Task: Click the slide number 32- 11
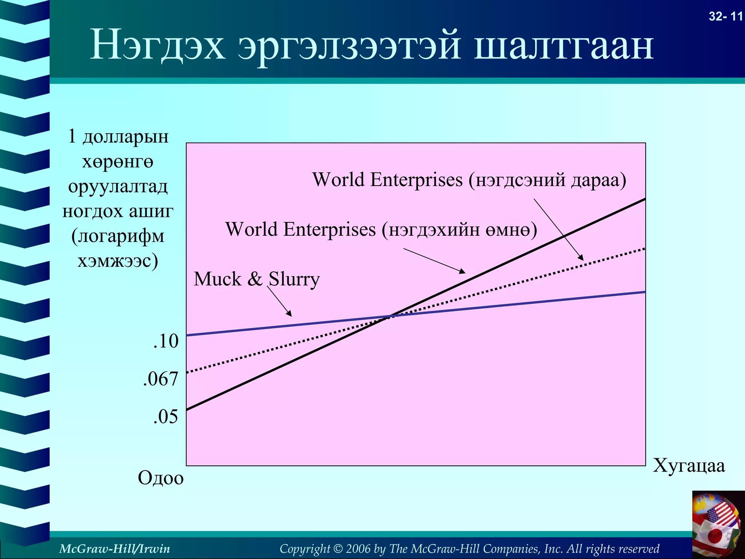click(x=725, y=17)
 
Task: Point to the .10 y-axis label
click(x=166, y=341)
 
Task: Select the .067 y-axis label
click(x=160, y=379)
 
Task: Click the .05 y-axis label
click(x=166, y=416)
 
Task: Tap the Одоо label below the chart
click(x=160, y=477)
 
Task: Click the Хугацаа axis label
click(x=689, y=465)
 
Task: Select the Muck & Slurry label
click(x=256, y=279)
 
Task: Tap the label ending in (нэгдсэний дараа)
click(x=469, y=180)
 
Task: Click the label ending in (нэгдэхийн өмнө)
click(x=381, y=230)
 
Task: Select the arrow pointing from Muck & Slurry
click(x=279, y=301)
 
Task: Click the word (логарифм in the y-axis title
click(x=118, y=236)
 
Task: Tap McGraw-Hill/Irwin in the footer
click(x=114, y=548)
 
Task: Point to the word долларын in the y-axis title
click(x=126, y=136)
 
